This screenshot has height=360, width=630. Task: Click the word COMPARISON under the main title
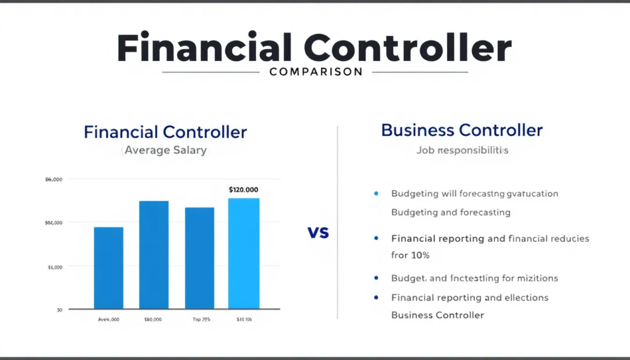click(x=316, y=72)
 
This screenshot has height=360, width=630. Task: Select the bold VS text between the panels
click(x=318, y=233)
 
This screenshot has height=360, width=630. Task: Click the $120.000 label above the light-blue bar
click(x=243, y=190)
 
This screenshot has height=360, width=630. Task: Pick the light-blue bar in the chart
click(x=244, y=254)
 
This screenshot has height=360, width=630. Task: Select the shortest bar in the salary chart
click(x=108, y=268)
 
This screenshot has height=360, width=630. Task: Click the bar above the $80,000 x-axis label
click(x=154, y=255)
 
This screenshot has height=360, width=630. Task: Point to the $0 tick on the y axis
click(x=59, y=310)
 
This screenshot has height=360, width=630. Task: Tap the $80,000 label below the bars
click(x=153, y=320)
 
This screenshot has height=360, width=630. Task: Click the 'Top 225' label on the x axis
click(x=199, y=320)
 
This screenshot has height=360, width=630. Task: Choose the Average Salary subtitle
click(x=165, y=150)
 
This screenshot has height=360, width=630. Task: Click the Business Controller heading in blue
click(x=461, y=130)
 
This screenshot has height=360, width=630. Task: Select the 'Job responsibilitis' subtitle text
click(x=462, y=150)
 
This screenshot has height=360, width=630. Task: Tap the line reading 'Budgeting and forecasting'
click(x=451, y=212)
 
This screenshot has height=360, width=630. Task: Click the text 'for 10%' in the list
click(x=410, y=255)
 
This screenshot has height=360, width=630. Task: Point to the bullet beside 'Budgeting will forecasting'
click(x=376, y=193)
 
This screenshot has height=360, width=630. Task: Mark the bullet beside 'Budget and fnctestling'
click(x=376, y=278)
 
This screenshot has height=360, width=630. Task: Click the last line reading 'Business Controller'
click(x=437, y=315)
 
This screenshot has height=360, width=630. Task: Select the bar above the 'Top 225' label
click(x=199, y=258)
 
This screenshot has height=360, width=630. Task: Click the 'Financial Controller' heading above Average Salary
click(x=165, y=132)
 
